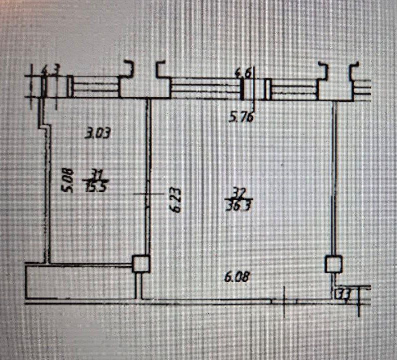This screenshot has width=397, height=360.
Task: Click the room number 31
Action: pos(93,174)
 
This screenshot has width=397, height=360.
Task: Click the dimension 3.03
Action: pos(98,134)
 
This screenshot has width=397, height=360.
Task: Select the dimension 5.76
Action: pos(242,118)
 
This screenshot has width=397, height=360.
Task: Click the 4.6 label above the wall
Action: pos(244,73)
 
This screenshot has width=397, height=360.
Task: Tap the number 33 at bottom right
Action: pos(343,293)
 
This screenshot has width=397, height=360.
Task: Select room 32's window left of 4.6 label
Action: pos(205,88)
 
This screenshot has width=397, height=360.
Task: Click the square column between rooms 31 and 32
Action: pos(141,264)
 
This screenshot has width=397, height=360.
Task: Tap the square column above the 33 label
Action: pos(333,264)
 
